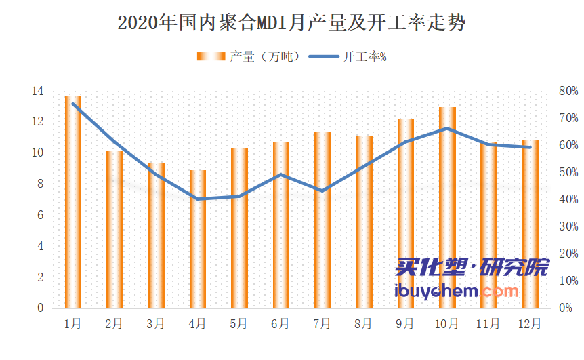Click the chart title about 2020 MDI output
291,23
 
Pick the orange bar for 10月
447,207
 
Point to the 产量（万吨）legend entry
248,57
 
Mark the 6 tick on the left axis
40,215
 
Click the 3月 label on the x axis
156,324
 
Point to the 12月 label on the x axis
530,324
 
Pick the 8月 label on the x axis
364,324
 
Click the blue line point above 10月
447,128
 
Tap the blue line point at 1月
72,104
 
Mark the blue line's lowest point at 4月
197,199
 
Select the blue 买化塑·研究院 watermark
472,268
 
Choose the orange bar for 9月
405,213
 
